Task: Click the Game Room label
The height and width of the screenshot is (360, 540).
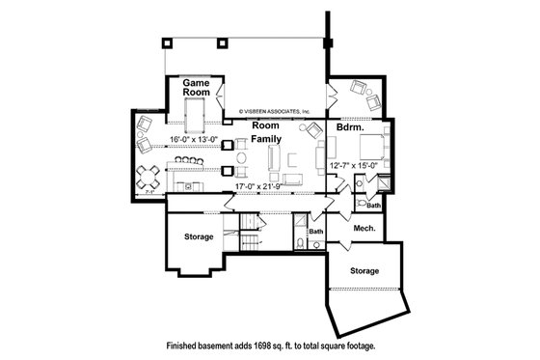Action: (x=198, y=88)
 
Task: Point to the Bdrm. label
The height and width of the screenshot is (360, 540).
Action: (x=349, y=125)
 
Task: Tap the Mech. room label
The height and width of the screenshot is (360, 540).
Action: (x=364, y=229)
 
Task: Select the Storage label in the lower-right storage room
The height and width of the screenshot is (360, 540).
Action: (x=364, y=270)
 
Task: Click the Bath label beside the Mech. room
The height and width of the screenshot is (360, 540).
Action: (x=316, y=231)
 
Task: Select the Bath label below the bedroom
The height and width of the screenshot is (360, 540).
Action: (x=372, y=206)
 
